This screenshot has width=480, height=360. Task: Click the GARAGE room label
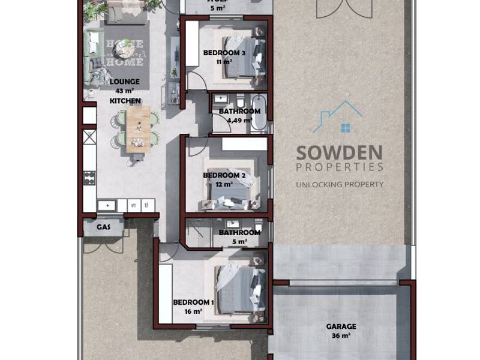click(341, 326)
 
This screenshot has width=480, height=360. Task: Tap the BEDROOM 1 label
click(193, 302)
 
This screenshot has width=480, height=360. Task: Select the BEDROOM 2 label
click(224, 175)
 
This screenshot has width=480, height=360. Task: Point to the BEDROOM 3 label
click(224, 53)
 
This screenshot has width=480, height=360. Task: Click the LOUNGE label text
click(125, 82)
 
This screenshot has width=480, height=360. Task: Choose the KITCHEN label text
click(125, 101)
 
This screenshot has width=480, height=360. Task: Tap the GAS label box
click(103, 227)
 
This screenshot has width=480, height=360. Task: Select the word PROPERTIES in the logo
click(340, 167)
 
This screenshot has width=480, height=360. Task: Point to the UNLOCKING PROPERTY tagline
click(340, 185)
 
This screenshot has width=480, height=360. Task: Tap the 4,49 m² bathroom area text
click(239, 120)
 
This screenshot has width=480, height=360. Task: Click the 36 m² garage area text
click(341, 336)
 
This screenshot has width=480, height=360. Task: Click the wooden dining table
click(138, 127)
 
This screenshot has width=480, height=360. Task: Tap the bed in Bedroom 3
click(243, 57)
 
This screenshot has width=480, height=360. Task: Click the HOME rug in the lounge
click(125, 53)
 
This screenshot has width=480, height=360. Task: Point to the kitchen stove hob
click(89, 178)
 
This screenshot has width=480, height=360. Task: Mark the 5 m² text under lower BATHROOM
click(239, 242)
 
